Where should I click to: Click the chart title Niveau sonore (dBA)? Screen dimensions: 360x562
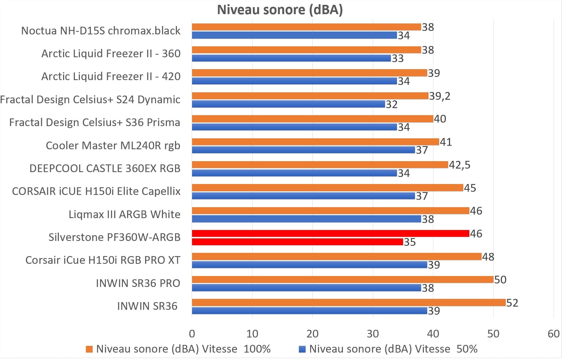coord(280,10)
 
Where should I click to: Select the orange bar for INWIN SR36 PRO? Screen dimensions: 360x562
coord(343,280)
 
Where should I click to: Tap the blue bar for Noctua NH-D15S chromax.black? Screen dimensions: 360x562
coord(294,35)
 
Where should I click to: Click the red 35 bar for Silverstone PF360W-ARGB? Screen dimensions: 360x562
coord(297,242)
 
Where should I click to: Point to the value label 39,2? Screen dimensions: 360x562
coord(440,96)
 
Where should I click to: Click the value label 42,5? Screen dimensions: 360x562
coord(459,165)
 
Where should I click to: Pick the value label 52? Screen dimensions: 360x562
coord(512,303)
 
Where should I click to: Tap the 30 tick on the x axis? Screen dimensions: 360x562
coord(373,334)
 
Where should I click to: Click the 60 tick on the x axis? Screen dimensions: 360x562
coord(554,334)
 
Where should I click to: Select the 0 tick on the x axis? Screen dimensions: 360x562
coord(192,334)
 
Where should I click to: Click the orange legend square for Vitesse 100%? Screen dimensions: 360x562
coord(89,349)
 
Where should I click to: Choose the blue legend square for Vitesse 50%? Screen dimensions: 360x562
coord(302,349)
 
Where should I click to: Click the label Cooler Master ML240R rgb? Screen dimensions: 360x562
coord(113,145)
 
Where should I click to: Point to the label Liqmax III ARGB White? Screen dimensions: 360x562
coord(124,214)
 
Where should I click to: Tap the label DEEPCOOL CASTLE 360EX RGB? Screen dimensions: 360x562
coord(105,168)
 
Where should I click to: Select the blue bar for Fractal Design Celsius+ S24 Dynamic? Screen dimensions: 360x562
coord(289,104)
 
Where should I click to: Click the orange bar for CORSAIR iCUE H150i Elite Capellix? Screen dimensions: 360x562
coord(327,188)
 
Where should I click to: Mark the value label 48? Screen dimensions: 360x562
coord(488,257)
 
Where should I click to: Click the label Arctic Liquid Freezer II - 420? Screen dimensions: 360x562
coord(111,77)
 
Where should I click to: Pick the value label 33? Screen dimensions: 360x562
coord(398,58)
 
